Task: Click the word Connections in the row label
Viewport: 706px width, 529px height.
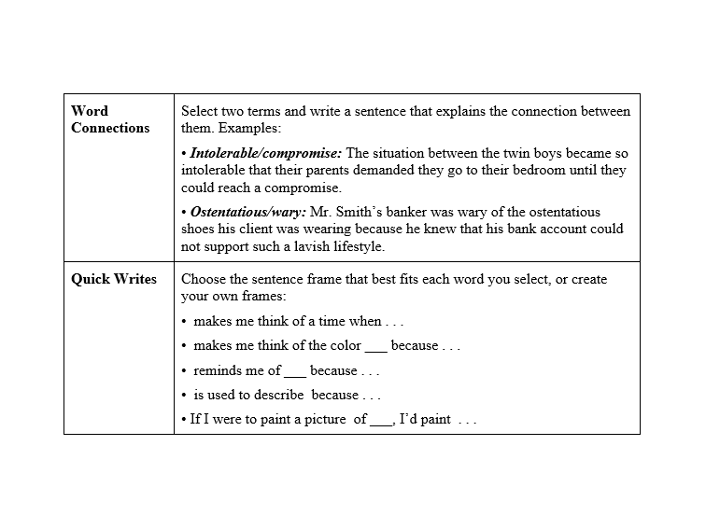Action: (x=110, y=128)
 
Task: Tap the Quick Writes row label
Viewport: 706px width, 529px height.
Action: (x=114, y=279)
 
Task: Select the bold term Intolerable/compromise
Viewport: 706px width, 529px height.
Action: (x=266, y=153)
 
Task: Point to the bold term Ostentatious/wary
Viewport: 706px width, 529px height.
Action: (x=248, y=212)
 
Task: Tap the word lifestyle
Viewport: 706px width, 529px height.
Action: (x=359, y=247)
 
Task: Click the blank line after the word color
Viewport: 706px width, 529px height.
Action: (x=375, y=348)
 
